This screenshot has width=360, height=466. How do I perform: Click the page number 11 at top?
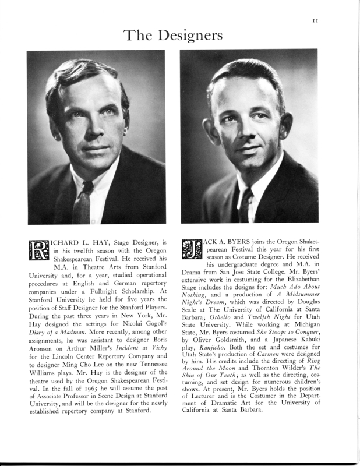tap(315, 21)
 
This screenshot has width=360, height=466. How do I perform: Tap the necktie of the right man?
tap(245, 204)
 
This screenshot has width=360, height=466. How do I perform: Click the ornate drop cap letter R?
tap(38, 249)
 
